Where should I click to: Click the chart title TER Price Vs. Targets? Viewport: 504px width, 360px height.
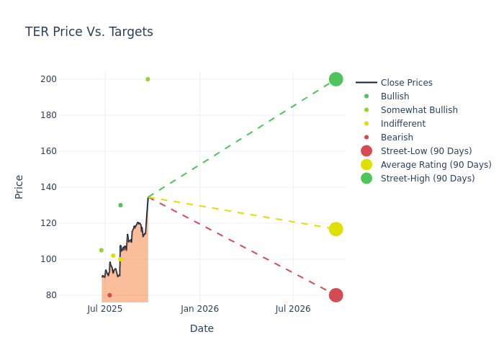click(89, 32)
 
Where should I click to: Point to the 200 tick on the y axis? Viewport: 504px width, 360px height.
click(68, 79)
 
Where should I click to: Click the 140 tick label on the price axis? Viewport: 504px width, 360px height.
click(68, 187)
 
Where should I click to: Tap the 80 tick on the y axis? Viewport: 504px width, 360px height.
click(71, 295)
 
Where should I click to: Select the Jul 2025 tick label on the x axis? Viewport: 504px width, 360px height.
click(104, 309)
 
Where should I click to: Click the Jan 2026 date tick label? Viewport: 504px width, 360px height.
click(199, 309)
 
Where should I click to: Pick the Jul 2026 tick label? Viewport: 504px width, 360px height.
click(293, 309)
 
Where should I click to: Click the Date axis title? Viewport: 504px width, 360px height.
click(202, 328)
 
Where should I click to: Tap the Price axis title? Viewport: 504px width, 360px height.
click(19, 186)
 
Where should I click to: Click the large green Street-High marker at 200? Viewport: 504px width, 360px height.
click(336, 79)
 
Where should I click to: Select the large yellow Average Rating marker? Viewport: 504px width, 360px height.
click(336, 229)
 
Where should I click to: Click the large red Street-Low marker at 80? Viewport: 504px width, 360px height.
click(336, 295)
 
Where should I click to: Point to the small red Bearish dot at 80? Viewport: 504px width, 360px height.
click(109, 295)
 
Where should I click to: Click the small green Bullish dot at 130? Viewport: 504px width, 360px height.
click(120, 205)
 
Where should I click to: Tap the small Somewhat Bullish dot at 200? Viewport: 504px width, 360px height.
click(148, 79)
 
